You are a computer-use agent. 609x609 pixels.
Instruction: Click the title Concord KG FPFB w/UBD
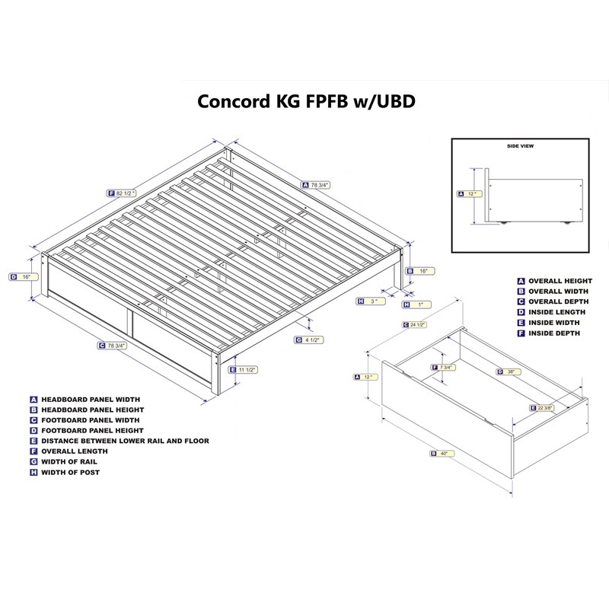click(306, 101)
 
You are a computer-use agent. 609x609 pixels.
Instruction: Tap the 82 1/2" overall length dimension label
click(122, 193)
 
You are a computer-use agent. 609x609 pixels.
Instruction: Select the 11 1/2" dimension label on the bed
click(244, 370)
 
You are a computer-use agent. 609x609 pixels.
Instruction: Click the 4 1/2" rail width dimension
click(309, 340)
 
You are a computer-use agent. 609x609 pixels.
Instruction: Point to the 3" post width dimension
click(371, 301)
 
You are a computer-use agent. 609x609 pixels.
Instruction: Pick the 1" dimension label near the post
click(416, 305)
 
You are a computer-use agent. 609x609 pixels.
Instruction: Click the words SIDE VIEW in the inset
click(520, 146)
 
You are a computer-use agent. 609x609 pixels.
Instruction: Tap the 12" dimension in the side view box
click(470, 193)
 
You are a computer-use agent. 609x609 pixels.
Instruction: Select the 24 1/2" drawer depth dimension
click(415, 324)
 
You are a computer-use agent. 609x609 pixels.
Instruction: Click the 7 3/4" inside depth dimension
click(444, 367)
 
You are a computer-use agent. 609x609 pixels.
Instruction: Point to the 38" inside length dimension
click(509, 371)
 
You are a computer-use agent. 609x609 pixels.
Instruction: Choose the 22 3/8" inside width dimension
click(542, 408)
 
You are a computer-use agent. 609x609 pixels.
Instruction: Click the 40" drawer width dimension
click(442, 453)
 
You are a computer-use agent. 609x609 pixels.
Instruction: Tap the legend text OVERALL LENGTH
click(74, 451)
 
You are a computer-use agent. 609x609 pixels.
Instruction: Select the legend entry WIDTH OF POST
click(70, 472)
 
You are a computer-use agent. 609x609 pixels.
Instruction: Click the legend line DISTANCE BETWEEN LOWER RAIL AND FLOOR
click(125, 441)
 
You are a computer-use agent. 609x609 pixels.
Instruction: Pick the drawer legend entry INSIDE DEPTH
click(554, 333)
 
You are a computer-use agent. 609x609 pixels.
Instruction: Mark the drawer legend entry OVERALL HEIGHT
click(560, 281)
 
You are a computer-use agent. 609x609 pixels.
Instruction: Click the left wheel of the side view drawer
click(503, 222)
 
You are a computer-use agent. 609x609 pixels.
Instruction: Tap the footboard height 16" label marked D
click(24, 277)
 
